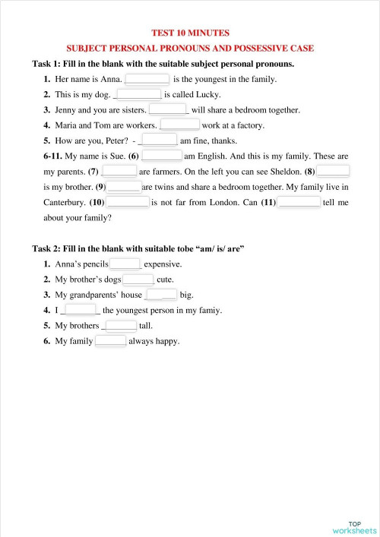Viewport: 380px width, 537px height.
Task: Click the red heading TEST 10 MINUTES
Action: tap(190, 33)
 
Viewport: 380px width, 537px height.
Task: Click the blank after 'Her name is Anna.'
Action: tap(147, 79)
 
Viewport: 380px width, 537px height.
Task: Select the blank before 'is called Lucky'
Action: tap(138, 95)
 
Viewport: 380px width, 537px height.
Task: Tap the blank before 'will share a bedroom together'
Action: tap(168, 110)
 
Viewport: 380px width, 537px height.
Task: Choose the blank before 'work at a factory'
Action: tap(180, 125)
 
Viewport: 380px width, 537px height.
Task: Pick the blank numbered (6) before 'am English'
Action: tap(160, 156)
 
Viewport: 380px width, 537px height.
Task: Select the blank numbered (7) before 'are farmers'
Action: tap(119, 172)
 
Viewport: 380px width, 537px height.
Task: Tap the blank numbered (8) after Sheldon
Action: tap(333, 172)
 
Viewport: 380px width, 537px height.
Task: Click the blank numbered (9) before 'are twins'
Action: tap(125, 187)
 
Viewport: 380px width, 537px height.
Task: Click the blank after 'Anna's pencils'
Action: tap(125, 264)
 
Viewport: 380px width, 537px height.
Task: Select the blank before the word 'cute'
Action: tap(138, 280)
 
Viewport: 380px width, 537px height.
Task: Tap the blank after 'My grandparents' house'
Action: tap(161, 295)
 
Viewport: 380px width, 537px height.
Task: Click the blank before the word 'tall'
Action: tap(120, 326)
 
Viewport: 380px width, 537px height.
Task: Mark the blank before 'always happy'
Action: tap(111, 341)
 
